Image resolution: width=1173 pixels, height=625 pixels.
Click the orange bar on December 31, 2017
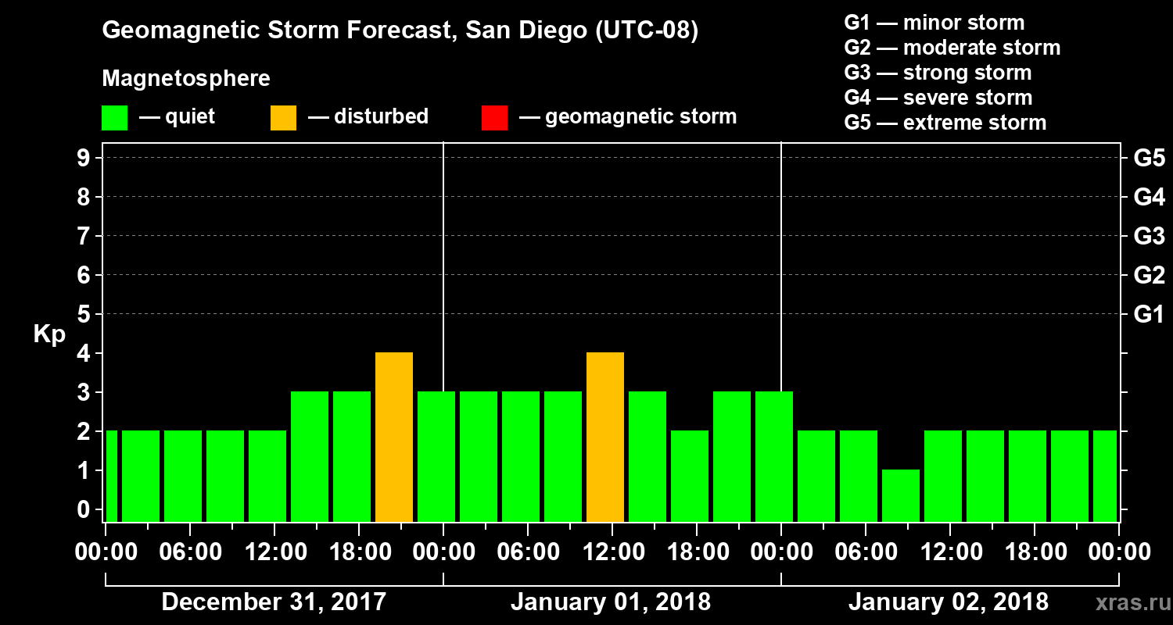coord(394,437)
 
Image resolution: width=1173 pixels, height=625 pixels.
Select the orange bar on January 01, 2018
coord(605,437)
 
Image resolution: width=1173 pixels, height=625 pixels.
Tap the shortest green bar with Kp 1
coord(901,495)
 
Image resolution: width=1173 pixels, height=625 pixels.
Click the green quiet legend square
coord(114,117)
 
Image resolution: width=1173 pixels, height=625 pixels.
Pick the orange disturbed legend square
coord(283,117)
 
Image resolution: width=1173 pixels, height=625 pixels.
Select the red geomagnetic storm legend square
coord(494,117)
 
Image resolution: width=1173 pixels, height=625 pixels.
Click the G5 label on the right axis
coord(1149,159)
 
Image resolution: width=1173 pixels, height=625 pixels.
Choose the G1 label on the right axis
coord(1149,315)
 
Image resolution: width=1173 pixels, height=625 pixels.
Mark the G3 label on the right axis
coord(1149,236)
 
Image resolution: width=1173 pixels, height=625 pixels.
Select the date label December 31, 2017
coord(274,602)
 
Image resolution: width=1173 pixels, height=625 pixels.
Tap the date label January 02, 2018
coord(949,602)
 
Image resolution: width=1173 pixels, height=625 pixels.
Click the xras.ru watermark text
coord(1127,602)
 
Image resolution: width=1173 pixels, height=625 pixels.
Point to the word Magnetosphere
coord(186,79)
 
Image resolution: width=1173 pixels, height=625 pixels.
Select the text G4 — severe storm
coord(938,98)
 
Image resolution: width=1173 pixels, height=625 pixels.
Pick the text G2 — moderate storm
coord(952,48)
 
